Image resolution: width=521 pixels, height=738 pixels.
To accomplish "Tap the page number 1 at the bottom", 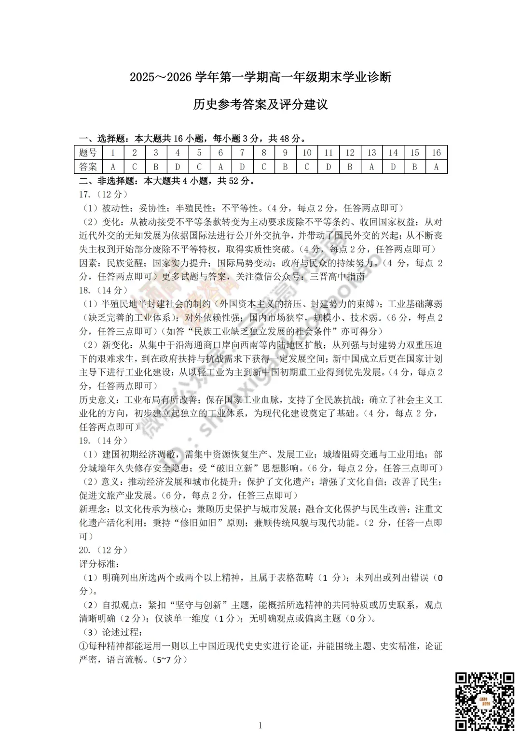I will (x=260, y=725).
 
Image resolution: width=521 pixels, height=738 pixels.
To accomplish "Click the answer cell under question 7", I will (x=242, y=167).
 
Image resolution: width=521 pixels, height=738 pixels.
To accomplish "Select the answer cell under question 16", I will (x=436, y=167).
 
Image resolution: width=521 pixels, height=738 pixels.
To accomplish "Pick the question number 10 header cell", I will (x=307, y=153).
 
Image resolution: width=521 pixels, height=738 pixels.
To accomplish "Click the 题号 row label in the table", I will (x=88, y=153).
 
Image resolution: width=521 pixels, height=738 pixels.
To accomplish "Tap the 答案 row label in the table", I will (x=88, y=167).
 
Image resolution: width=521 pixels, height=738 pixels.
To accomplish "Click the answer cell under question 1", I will (x=113, y=167).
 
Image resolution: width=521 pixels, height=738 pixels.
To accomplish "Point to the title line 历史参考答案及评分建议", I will (x=260, y=104).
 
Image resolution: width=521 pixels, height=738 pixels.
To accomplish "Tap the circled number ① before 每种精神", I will (x=83, y=646).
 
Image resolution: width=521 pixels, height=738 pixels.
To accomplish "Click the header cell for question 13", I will (x=371, y=153).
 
